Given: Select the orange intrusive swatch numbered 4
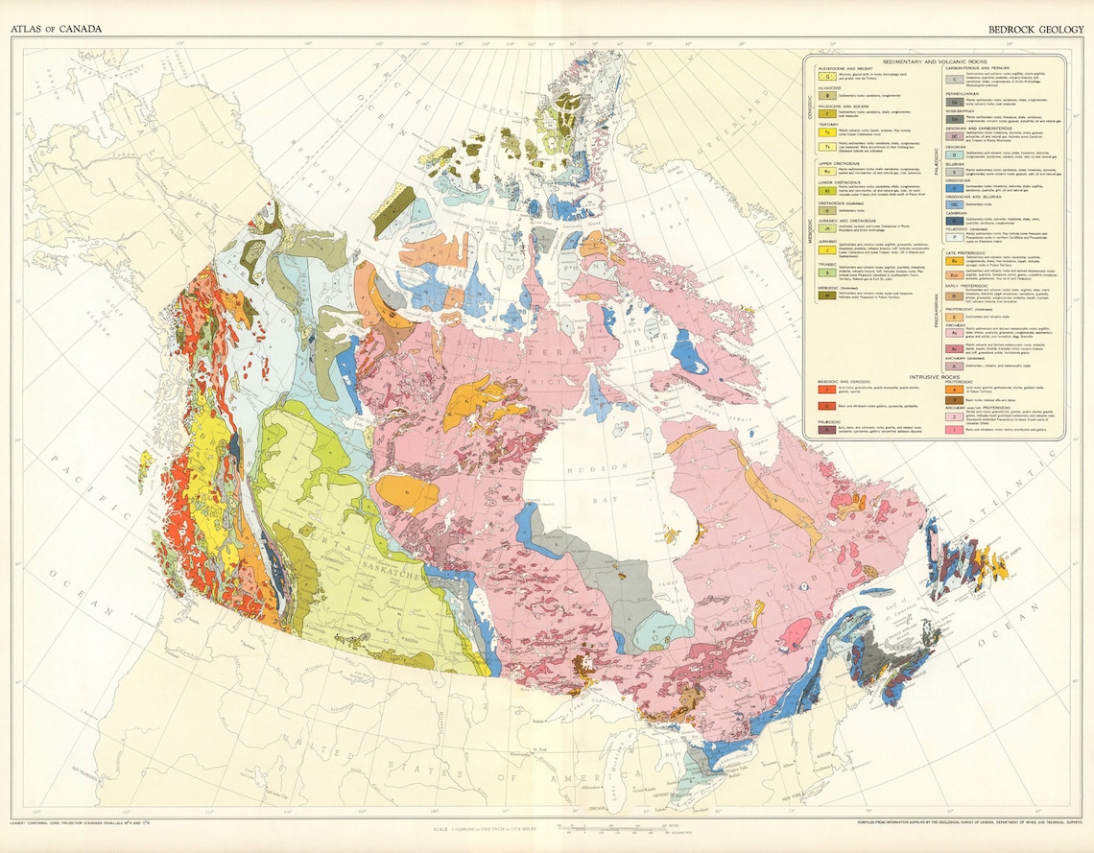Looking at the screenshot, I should [x=955, y=388].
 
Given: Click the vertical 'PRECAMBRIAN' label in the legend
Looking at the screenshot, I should [x=938, y=307].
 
